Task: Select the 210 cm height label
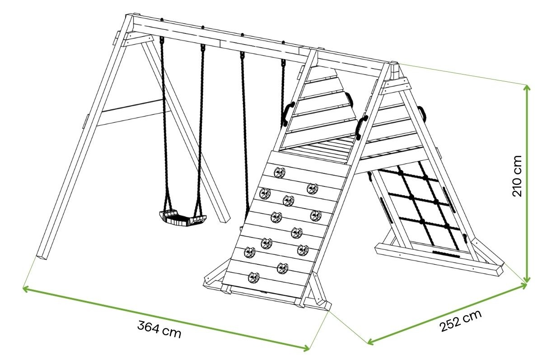pos(518,176)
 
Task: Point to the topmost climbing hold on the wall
pos(280,172)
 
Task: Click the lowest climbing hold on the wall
pos(253,276)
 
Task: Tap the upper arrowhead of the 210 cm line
pos(527,87)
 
